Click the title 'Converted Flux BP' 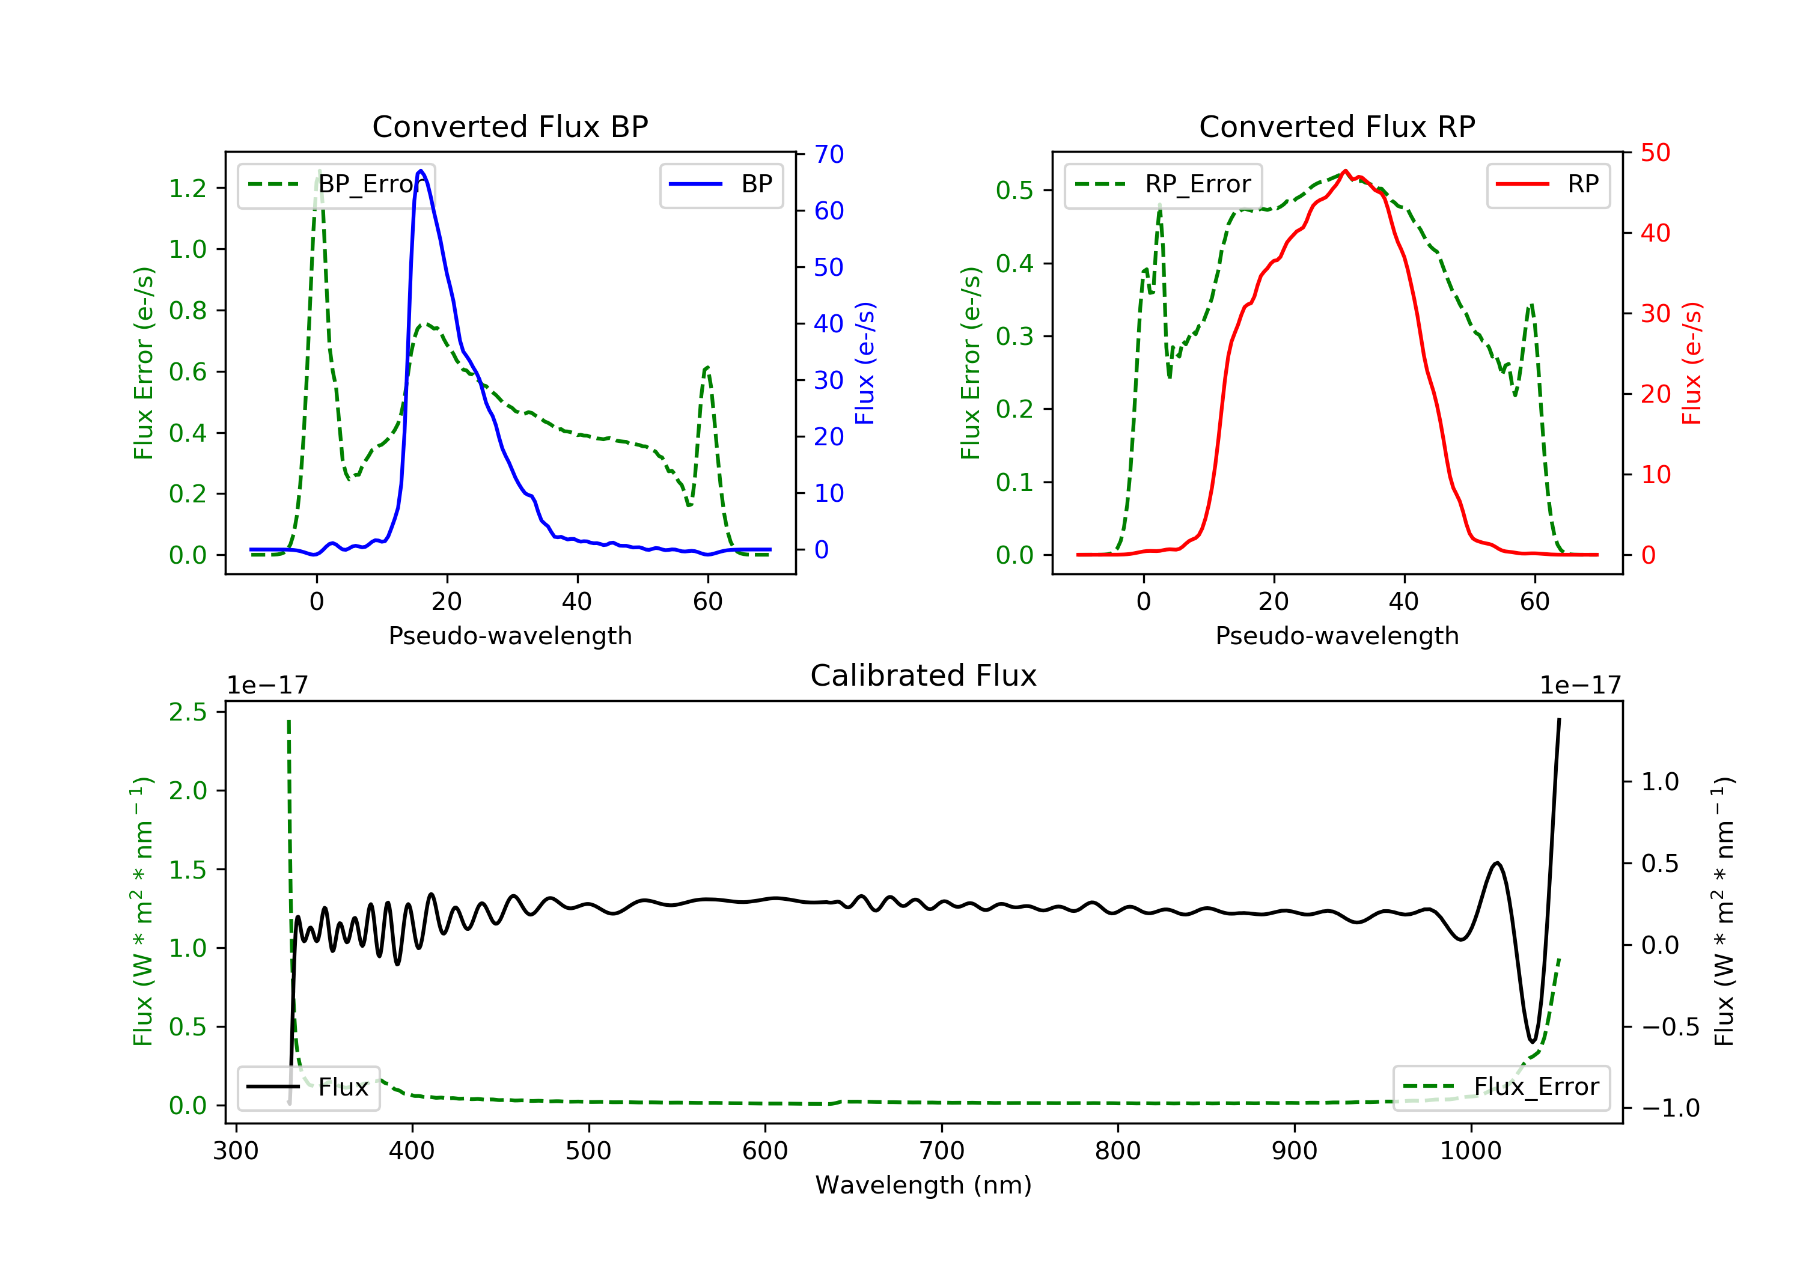tap(510, 126)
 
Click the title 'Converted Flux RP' tap(1337, 126)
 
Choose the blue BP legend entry tap(721, 184)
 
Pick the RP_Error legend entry tap(1163, 184)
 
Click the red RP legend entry tap(1548, 184)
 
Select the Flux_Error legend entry tap(1501, 1087)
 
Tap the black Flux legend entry tap(309, 1087)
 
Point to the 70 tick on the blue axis tap(828, 154)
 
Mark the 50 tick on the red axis tap(1655, 153)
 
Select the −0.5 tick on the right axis tap(1670, 1027)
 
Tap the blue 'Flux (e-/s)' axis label tap(865, 363)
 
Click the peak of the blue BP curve tap(421, 171)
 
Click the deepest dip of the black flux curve tap(1532, 1042)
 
